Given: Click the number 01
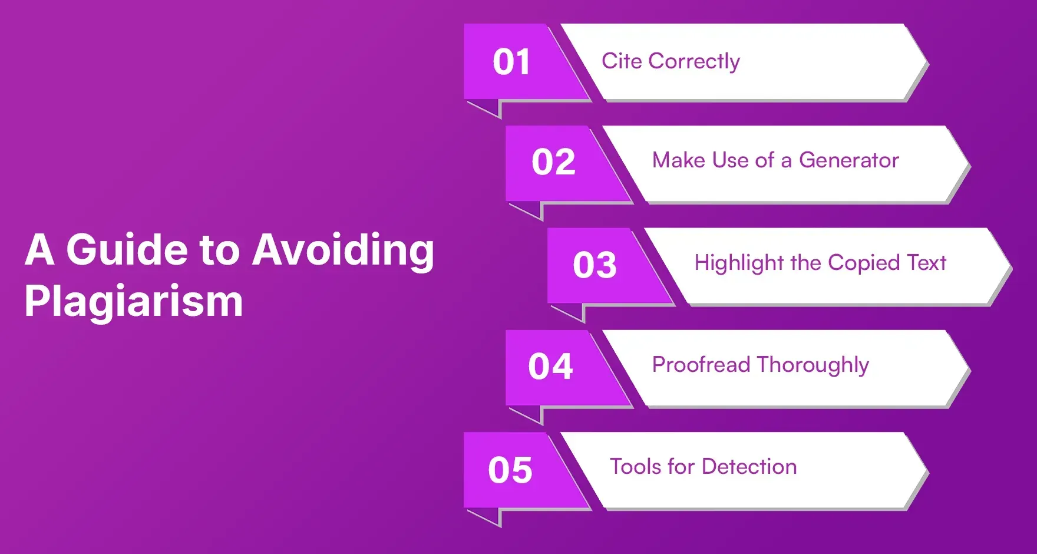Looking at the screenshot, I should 511,62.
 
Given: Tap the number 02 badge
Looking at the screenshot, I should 553,162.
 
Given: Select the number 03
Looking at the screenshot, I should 595,265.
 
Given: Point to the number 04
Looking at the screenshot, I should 550,366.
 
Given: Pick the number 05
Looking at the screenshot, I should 510,470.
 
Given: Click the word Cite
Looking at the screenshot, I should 622,61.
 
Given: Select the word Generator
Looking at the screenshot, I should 848,160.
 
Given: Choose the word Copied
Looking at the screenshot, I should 864,263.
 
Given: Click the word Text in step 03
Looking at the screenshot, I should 927,262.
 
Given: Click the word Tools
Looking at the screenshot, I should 636,467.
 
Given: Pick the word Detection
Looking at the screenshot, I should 749,467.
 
